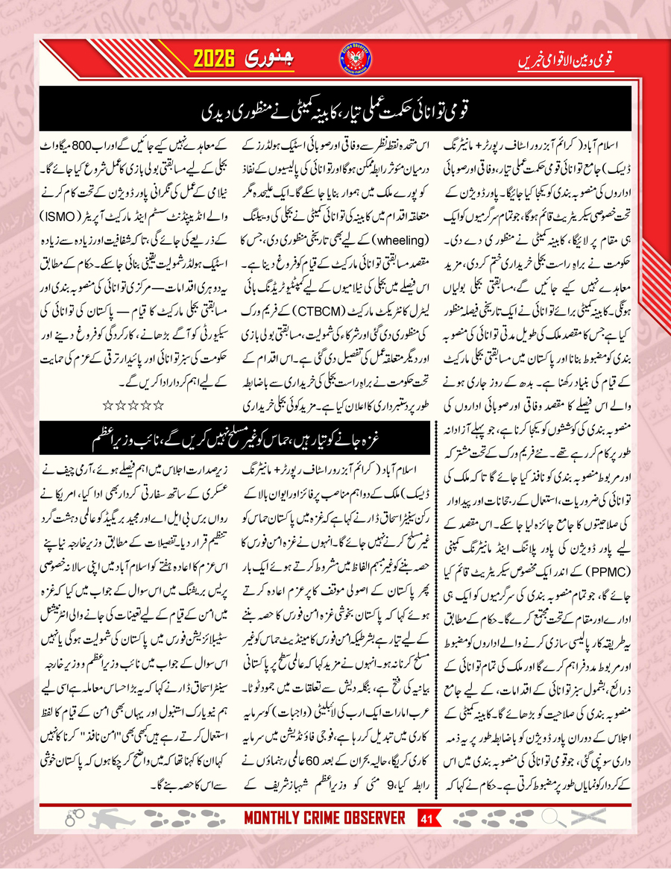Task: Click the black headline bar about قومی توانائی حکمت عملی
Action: pos(335,111)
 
